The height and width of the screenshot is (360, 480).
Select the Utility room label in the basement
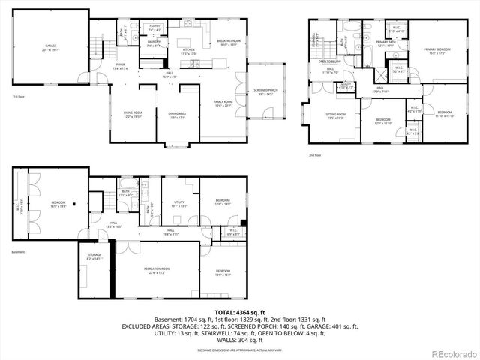pos(179,203)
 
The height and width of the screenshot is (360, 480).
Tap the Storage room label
pos(94,256)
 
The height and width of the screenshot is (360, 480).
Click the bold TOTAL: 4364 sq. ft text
pos(239,312)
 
